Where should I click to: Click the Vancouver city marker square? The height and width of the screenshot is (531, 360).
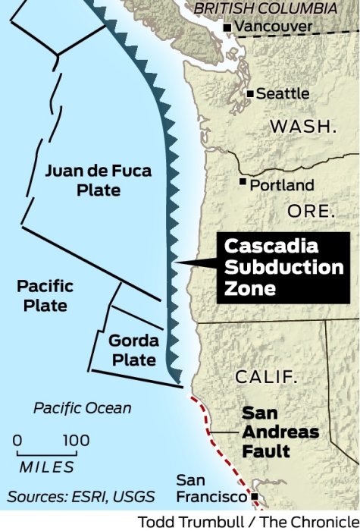(227, 28)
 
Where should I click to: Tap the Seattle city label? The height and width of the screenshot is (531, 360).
(283, 93)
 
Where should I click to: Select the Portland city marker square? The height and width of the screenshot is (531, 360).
(243, 183)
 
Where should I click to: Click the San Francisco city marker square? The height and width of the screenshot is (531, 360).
(255, 498)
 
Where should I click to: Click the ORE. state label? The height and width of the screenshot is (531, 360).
(311, 210)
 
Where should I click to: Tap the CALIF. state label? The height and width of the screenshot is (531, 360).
(266, 377)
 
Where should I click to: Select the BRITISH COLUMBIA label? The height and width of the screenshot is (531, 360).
(265, 8)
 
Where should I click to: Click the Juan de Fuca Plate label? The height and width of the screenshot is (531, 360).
(92, 180)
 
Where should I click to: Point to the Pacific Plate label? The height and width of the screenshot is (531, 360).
(45, 296)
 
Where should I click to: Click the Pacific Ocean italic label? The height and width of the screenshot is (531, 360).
(82, 408)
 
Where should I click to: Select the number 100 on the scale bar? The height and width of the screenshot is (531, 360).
(76, 441)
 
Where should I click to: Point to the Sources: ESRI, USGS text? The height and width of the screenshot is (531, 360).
(81, 498)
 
